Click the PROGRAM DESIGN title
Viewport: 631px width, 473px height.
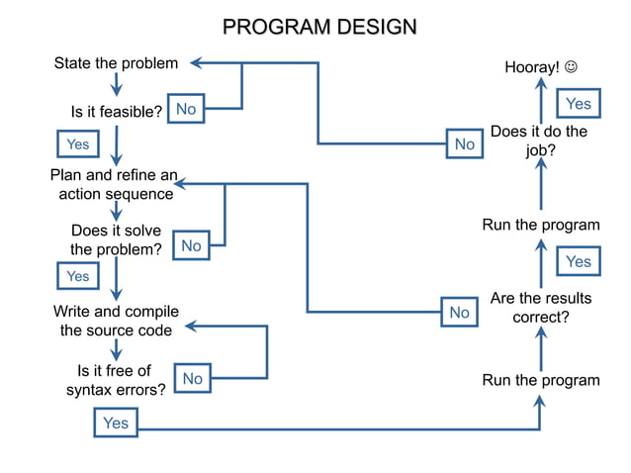tap(318, 26)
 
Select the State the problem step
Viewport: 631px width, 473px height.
tap(116, 63)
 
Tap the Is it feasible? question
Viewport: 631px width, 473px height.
tap(116, 112)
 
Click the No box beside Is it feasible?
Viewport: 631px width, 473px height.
tap(186, 110)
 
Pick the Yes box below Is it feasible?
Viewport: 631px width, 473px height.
tap(77, 144)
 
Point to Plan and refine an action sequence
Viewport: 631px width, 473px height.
tap(115, 185)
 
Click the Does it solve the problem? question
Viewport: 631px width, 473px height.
tap(116, 240)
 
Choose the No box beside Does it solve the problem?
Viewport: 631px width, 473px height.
tap(191, 245)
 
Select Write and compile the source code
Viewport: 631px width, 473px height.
tap(116, 321)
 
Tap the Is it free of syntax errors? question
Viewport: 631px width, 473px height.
tap(116, 380)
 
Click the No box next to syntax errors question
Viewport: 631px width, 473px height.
tap(192, 378)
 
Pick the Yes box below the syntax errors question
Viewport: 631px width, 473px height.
tap(116, 424)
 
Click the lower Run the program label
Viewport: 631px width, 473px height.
tap(540, 380)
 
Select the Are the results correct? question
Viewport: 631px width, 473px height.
tap(540, 308)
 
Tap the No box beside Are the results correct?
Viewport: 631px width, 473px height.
tap(459, 313)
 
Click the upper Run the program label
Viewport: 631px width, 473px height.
tap(540, 225)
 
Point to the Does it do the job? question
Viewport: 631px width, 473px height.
tap(539, 142)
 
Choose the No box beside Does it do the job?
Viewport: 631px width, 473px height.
tap(464, 144)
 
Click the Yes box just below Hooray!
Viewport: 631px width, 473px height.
tap(579, 104)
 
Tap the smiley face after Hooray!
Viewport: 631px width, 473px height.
tap(572, 67)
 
